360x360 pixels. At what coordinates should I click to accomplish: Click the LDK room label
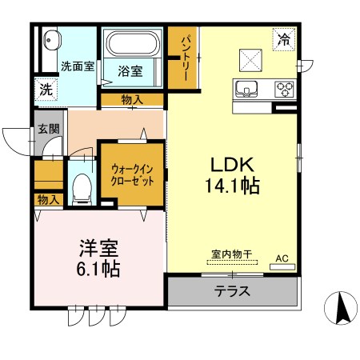pyautogui.click(x=232, y=165)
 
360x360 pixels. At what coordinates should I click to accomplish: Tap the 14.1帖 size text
pyautogui.click(x=233, y=186)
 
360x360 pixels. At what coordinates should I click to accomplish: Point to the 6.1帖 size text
pyautogui.click(x=98, y=270)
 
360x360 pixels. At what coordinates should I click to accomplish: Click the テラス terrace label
pyautogui.click(x=232, y=291)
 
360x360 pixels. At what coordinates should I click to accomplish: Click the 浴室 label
pyautogui.click(x=131, y=70)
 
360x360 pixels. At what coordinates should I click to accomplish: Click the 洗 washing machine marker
pyautogui.click(x=46, y=90)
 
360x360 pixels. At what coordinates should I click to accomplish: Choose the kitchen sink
pyautogui.click(x=246, y=87)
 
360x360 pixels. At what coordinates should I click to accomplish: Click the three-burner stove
pyautogui.click(x=284, y=88)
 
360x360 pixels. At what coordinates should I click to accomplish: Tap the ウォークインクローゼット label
pyautogui.click(x=133, y=175)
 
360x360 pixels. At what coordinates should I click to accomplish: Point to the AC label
pyautogui.click(x=282, y=258)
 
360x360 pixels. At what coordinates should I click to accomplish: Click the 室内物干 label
pyautogui.click(x=232, y=255)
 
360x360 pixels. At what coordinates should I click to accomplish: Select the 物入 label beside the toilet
pyautogui.click(x=49, y=199)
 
